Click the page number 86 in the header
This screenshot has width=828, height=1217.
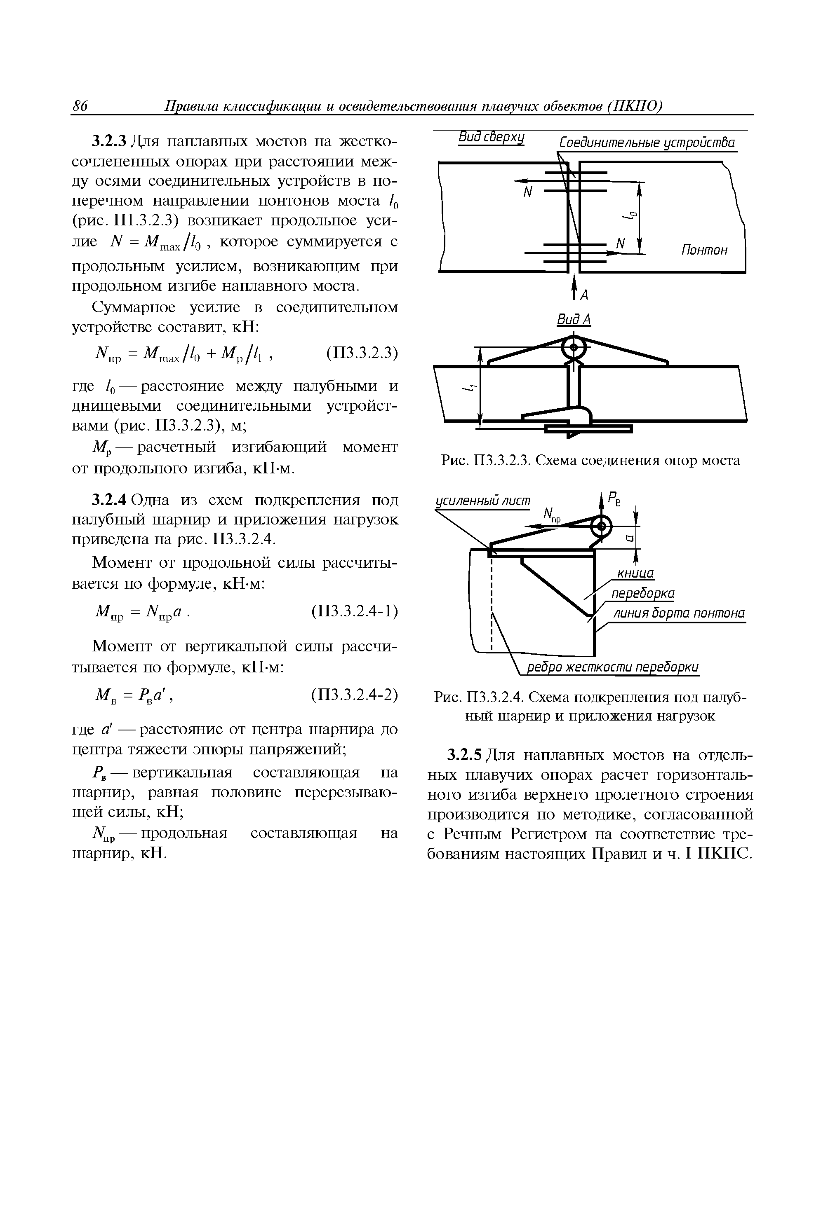tap(80, 106)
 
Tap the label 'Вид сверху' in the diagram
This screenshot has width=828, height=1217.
tap(491, 138)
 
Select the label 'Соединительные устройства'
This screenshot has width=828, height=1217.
tap(647, 143)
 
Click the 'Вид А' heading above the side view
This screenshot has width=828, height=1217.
tap(574, 319)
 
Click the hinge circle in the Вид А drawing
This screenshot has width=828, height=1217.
tap(574, 347)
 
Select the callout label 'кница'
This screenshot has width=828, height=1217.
tap(636, 573)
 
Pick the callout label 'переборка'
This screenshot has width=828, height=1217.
tap(643, 593)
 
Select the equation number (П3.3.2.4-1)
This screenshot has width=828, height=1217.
tap(355, 611)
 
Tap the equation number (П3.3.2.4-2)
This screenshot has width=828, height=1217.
tap(355, 695)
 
